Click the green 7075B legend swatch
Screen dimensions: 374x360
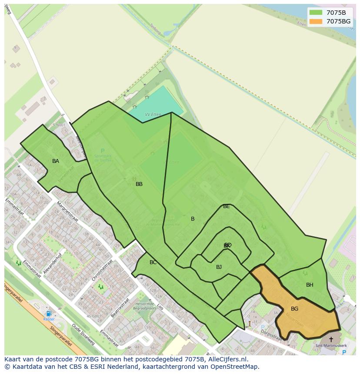(x=316, y=13)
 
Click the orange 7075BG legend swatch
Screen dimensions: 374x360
(x=316, y=21)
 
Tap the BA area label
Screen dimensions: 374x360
(x=56, y=161)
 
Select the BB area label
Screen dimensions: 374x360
(x=139, y=184)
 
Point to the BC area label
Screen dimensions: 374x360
(x=153, y=262)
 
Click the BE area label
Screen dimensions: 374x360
(x=226, y=206)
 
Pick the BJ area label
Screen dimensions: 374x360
(x=219, y=267)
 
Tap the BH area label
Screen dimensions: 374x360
(x=310, y=285)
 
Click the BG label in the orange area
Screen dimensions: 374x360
(x=294, y=309)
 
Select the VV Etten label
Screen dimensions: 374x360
(x=153, y=115)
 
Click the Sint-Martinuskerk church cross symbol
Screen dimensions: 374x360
(x=331, y=339)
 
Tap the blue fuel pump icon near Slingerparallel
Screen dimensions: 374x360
(x=49, y=314)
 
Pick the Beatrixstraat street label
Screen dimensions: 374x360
(x=120, y=307)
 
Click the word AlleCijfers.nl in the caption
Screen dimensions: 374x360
(x=227, y=359)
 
